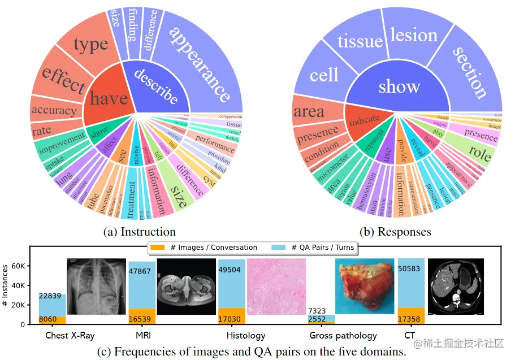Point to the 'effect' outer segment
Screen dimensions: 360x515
pyautogui.click(x=63, y=79)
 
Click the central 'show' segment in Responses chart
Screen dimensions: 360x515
pyautogui.click(x=399, y=87)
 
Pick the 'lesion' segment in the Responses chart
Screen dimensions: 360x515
pyautogui.click(x=413, y=36)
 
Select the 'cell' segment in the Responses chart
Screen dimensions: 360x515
pyautogui.click(x=324, y=75)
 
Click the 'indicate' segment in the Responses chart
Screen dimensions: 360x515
pyautogui.click(x=365, y=120)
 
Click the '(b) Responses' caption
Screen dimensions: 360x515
pyautogui.click(x=396, y=232)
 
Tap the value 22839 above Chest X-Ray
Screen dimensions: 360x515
pyautogui.click(x=52, y=296)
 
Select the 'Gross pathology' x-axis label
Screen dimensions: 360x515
pyautogui.click(x=343, y=336)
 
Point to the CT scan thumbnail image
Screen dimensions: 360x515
pyautogui.click(x=456, y=287)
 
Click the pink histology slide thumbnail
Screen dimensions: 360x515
pyautogui.click(x=276, y=287)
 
